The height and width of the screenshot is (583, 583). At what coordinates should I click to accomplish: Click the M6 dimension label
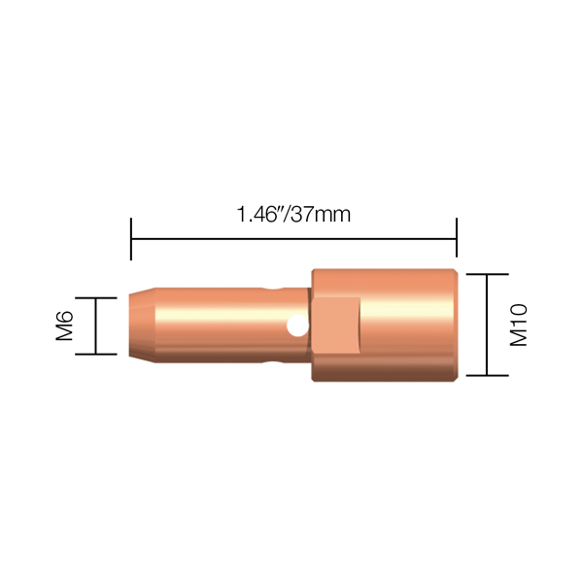tap(65, 326)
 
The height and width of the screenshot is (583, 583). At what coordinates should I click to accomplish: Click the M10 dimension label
tap(518, 325)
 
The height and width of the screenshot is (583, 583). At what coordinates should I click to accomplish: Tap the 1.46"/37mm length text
tap(293, 215)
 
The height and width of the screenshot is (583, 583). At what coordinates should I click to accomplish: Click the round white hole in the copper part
tap(298, 326)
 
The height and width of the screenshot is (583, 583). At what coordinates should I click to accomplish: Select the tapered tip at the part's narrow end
tap(142, 326)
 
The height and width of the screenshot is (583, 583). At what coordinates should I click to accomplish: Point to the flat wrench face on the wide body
tap(337, 326)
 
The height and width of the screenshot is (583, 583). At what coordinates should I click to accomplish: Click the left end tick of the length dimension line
tap(131, 239)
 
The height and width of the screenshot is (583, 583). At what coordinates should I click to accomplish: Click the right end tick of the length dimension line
tap(457, 238)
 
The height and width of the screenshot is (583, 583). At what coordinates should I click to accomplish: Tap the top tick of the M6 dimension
tap(96, 298)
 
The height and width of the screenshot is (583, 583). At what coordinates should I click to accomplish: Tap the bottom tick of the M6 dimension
tap(96, 355)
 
